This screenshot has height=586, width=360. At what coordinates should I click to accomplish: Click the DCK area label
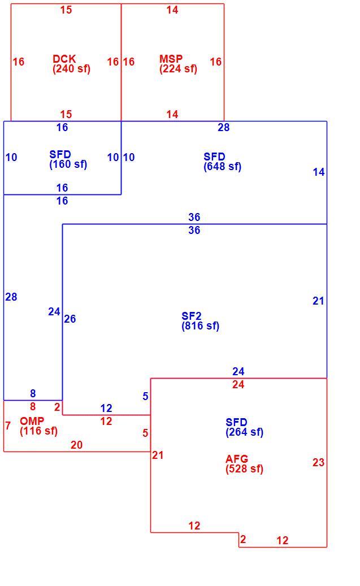pos(64,59)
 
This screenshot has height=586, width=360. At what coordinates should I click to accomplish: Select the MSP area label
pos(171,59)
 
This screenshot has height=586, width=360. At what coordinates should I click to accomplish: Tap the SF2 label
pos(192,316)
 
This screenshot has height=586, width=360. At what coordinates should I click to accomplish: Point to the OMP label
pos(32,421)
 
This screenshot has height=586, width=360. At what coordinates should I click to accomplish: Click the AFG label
pos(237,459)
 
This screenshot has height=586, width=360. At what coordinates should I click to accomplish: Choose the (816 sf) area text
pos(201,326)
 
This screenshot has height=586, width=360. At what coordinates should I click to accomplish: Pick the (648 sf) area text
pos(223,167)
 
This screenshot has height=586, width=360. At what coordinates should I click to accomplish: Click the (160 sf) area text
pos(68,164)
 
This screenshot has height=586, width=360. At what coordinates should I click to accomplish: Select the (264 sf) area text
pos(245,432)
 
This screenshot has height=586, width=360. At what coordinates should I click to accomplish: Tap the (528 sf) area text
pos(245,469)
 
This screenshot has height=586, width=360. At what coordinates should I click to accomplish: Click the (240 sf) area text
pos(71,69)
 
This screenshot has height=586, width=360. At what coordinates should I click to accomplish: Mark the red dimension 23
pos(318,463)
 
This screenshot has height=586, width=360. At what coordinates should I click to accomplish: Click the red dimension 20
pos(77,445)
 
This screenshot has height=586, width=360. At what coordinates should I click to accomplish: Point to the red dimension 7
pos(8,426)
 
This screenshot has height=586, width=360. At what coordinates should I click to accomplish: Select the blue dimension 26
pos(70,319)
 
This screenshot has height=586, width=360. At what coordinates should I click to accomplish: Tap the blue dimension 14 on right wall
pos(319,172)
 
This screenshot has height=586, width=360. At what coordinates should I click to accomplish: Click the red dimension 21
pos(158,455)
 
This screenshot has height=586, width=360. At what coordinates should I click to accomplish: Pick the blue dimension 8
pos(33,393)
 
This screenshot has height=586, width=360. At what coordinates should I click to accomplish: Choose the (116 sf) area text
pos(39,431)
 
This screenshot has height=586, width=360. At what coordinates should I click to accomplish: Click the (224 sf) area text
pos(178,69)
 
